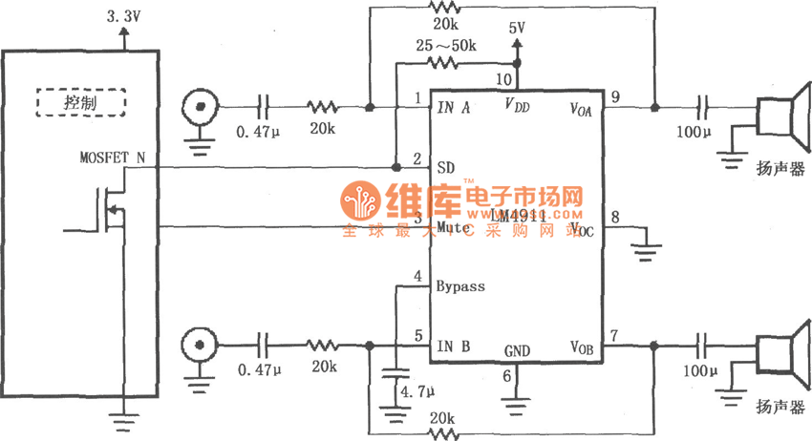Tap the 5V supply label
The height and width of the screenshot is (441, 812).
click(517, 29)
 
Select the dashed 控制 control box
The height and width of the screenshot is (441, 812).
click(81, 102)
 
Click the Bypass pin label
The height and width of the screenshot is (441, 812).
click(460, 285)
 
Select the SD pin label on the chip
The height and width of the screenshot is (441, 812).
click(445, 167)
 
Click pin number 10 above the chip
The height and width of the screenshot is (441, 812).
click(503, 79)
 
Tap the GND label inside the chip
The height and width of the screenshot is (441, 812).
click(517, 350)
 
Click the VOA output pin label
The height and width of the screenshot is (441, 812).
click(581, 108)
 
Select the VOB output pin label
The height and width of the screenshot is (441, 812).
click(582, 346)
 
